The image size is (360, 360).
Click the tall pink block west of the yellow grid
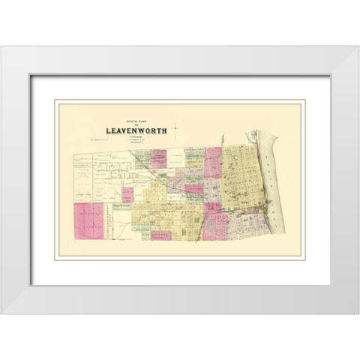(x=213, y=162)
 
